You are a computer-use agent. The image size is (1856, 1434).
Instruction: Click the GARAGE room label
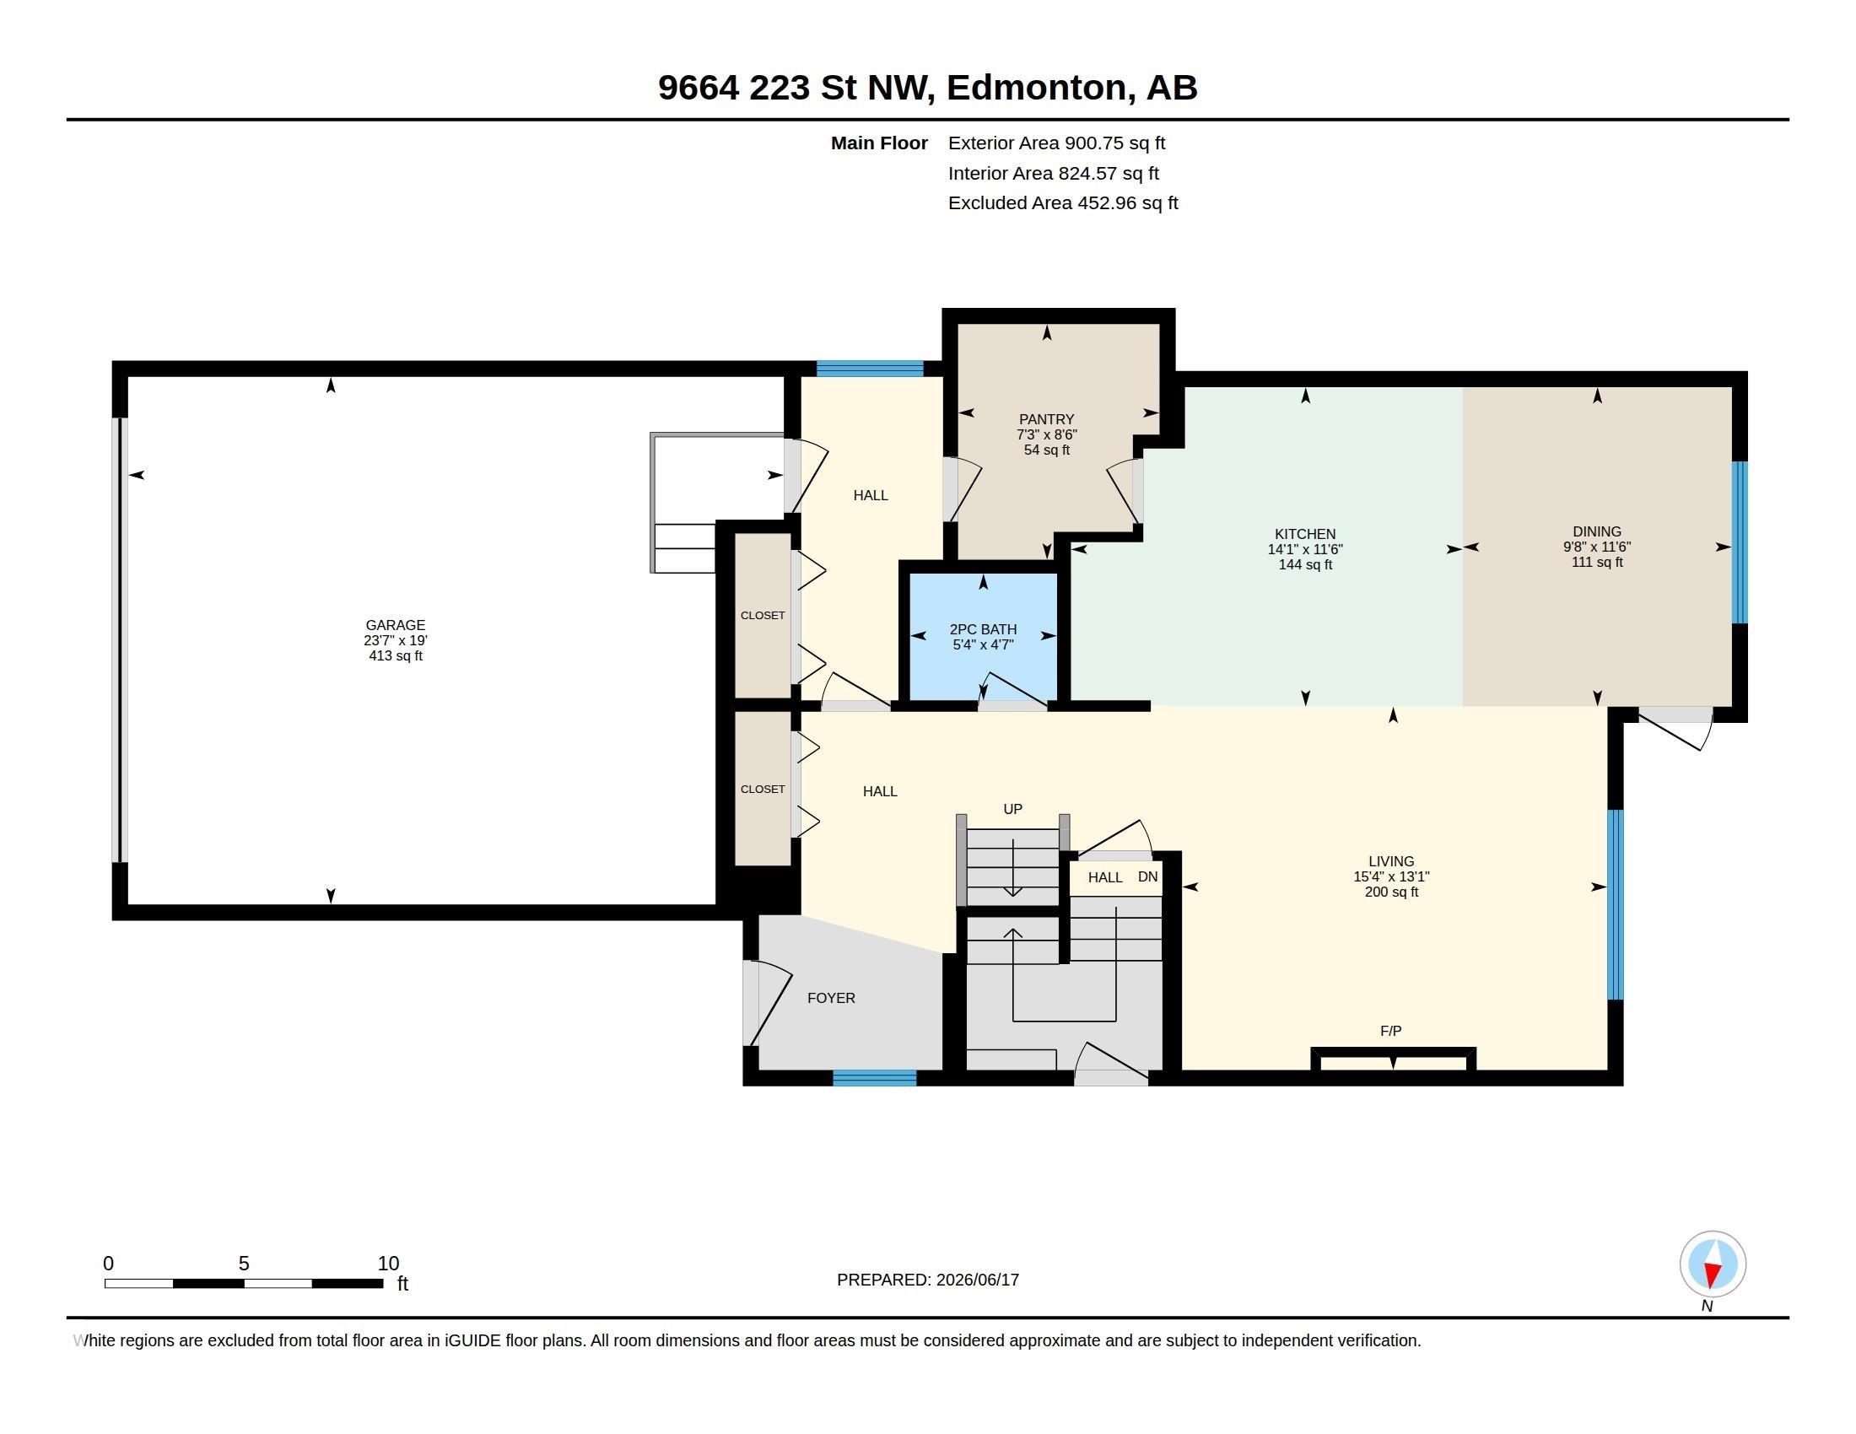(395, 625)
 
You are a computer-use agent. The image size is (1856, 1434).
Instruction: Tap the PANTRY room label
(1046, 420)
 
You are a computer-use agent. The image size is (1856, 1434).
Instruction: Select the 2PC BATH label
(983, 629)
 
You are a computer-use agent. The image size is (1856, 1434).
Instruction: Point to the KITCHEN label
(1305, 534)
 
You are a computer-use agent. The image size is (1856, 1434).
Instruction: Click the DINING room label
(1597, 531)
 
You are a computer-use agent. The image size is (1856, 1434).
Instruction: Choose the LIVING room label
(1391, 861)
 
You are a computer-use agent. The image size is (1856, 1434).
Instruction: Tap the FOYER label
(831, 998)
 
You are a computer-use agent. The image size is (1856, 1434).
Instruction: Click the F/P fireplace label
(1391, 1032)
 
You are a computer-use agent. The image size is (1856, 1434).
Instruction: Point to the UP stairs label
(1013, 810)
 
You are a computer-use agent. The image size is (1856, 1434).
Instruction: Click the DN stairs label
(1148, 876)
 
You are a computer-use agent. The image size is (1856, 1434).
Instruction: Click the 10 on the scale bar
(388, 1264)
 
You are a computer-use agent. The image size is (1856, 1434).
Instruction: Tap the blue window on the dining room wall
(1740, 542)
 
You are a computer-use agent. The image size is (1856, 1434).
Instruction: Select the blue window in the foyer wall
(875, 1078)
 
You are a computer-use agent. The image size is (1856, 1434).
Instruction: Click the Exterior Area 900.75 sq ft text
(1056, 143)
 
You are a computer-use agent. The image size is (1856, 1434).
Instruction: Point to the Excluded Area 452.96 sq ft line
(1063, 203)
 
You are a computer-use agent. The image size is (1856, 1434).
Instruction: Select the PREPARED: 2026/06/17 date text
(928, 1280)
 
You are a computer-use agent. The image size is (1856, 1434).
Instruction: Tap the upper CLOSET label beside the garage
(763, 615)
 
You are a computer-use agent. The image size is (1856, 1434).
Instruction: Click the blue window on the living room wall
(1616, 905)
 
